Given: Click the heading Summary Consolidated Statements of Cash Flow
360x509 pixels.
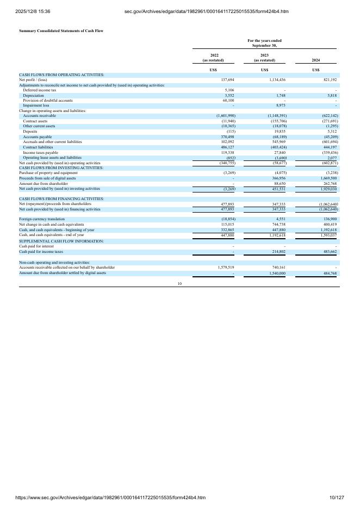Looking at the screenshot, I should click(x=61, y=30).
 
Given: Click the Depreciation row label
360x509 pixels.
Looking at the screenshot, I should click(x=33, y=95).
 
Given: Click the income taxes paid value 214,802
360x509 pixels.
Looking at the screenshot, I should click(x=277, y=252).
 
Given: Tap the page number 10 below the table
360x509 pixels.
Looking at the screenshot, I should click(x=179, y=283).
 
